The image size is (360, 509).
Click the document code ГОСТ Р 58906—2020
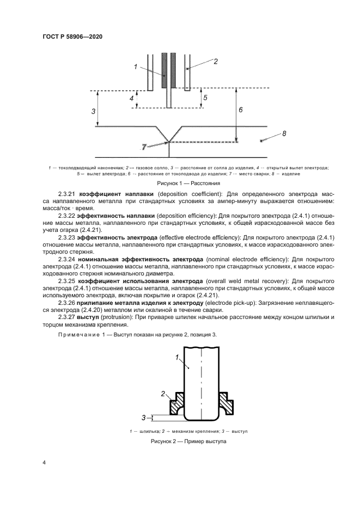[x=72, y=36]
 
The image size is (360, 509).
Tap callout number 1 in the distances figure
[x=134, y=67]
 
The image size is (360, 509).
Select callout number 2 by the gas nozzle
[x=215, y=62]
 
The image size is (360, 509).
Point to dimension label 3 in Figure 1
[x=94, y=111]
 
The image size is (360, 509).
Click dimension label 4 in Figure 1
[x=131, y=99]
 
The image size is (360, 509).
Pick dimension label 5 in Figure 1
[x=204, y=97]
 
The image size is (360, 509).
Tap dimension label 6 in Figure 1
[x=241, y=109]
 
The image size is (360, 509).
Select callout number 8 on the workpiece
[x=285, y=133]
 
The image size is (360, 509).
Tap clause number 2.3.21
[x=67, y=194]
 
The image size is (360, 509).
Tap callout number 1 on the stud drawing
[x=178, y=357]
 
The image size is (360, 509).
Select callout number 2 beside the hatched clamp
[x=162, y=393]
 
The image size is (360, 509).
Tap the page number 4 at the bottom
[x=44, y=463]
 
